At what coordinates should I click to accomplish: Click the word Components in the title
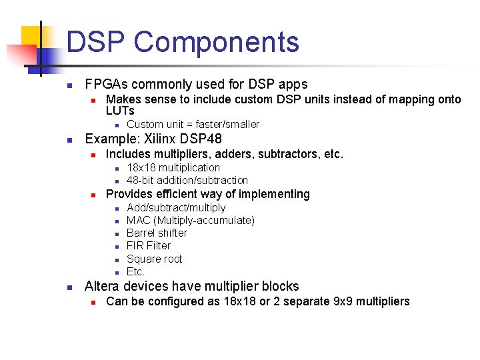[216, 43]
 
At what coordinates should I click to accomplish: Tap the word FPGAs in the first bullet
[107, 85]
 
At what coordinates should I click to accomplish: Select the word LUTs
[120, 111]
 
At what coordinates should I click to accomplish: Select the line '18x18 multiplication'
[173, 168]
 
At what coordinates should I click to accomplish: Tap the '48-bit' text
[141, 181]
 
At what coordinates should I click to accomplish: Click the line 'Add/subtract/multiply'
[176, 208]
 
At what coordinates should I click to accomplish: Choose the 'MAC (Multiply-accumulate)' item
[190, 221]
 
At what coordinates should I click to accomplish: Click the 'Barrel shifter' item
[157, 233]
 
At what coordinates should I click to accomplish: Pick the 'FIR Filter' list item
[148, 246]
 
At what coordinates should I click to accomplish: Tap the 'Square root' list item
[154, 259]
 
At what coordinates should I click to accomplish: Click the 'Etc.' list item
[135, 272]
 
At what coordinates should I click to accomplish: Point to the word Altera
[104, 287]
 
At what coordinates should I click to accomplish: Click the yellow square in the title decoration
[33, 38]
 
